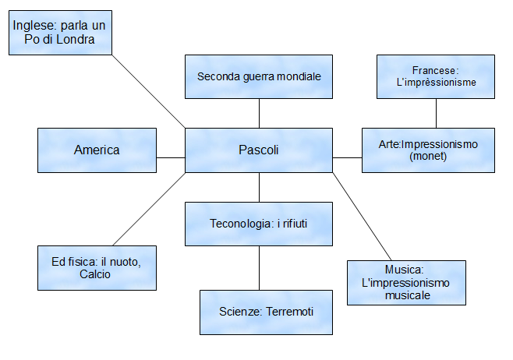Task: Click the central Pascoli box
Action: [259, 150]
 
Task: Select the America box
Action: [97, 150]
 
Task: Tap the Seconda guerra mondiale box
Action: [259, 77]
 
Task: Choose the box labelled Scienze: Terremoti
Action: [266, 312]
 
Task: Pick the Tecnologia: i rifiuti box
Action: [259, 224]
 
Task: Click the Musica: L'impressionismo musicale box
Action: [406, 282]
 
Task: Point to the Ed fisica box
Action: [97, 268]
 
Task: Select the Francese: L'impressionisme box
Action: [435, 76]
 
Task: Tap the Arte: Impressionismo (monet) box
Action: [428, 150]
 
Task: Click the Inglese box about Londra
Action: [60, 34]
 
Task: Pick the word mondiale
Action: [298, 77]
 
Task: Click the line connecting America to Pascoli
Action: [171, 157]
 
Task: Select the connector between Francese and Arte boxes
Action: [435, 113]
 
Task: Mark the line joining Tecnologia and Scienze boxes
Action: [259, 268]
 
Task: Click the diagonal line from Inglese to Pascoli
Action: [148, 90]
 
